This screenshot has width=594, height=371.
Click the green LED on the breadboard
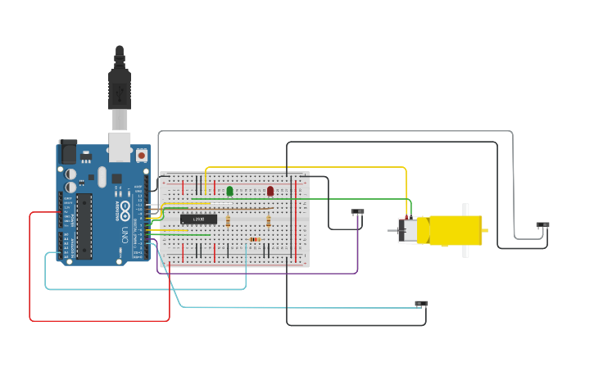tap(229, 191)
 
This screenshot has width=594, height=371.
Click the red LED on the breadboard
tap(270, 191)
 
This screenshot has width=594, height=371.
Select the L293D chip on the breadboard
tap(198, 219)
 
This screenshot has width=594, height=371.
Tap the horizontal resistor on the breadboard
tap(255, 240)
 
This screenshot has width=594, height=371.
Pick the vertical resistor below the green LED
tap(227, 220)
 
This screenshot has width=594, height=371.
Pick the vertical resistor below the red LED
tap(269, 219)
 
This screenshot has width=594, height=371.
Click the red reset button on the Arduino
tap(141, 155)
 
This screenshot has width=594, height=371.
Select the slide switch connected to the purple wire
tap(357, 211)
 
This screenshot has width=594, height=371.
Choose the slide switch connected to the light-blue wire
tap(420, 303)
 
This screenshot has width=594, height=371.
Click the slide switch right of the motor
tap(542, 224)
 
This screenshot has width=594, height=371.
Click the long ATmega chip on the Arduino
tap(84, 227)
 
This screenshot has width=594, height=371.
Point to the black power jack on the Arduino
tap(67, 152)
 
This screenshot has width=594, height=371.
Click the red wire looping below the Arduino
tap(98, 320)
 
